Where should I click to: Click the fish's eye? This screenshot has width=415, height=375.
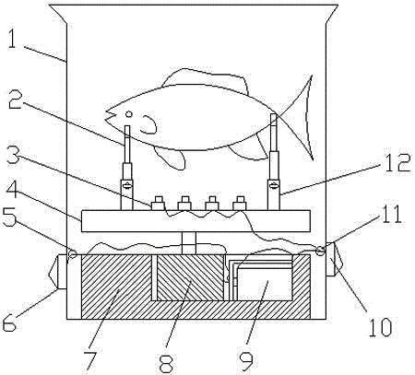click(x=129, y=114)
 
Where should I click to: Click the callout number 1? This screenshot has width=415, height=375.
click(x=12, y=39)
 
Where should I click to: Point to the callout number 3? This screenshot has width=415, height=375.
click(x=13, y=155)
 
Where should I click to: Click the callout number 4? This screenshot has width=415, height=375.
click(x=12, y=190)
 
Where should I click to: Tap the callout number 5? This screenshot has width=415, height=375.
click(x=9, y=217)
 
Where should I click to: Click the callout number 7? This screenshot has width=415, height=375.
click(x=90, y=360)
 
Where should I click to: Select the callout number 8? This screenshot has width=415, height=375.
click(x=167, y=363)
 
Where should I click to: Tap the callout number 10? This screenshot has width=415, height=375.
click(x=381, y=327)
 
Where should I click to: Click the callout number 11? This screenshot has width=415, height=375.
click(x=391, y=214)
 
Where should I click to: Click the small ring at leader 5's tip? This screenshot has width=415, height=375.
click(x=73, y=253)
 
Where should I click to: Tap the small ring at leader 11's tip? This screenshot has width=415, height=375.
click(x=320, y=251)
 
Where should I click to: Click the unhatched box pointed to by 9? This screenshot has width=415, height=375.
click(x=265, y=284)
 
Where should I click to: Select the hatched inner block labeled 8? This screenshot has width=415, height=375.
click(x=190, y=277)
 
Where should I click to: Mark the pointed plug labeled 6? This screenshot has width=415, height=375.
click(x=58, y=272)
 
